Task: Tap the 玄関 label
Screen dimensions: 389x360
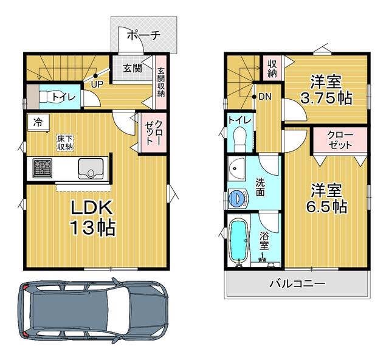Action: click(x=133, y=68)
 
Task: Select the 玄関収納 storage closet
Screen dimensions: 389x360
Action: click(x=160, y=82)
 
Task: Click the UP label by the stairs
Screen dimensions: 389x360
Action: click(x=97, y=85)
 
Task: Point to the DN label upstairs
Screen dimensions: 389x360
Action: click(x=265, y=97)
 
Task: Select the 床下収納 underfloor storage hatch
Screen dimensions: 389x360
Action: click(x=65, y=142)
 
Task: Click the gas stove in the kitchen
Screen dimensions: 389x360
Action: click(x=43, y=168)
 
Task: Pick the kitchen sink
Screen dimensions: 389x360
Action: click(x=91, y=168)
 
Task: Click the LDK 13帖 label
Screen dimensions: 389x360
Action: click(x=92, y=218)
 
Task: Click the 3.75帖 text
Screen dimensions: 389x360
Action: click(x=326, y=98)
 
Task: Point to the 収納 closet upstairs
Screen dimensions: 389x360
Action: click(x=272, y=67)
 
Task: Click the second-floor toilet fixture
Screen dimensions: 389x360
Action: click(x=239, y=139)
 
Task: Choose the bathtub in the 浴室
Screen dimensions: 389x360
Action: click(x=239, y=241)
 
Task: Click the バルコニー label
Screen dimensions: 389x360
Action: click(x=297, y=283)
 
